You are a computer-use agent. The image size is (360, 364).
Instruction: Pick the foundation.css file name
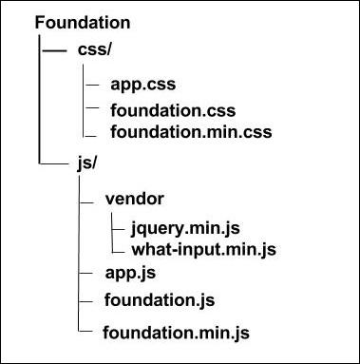(x=168, y=110)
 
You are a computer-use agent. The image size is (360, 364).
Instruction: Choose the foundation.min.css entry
(x=191, y=132)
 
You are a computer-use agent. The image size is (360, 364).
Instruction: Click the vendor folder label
(x=135, y=201)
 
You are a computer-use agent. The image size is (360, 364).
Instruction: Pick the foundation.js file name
(x=159, y=300)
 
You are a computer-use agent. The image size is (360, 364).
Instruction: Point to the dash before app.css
(x=91, y=84)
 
